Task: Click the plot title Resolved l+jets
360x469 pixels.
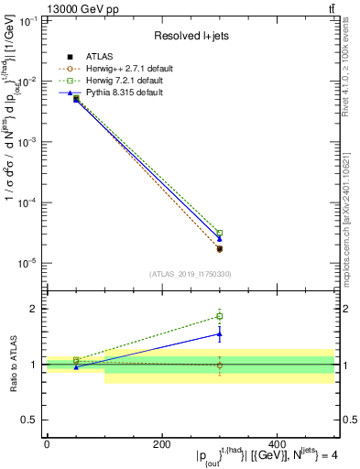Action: pos(191,36)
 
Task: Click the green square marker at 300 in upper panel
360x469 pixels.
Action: pos(219,233)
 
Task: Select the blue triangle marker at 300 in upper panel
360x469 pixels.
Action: pos(219,238)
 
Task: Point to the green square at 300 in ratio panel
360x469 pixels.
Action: pos(219,316)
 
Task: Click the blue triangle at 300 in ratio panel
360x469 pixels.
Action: pos(219,333)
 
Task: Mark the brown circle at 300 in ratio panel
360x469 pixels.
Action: pos(219,365)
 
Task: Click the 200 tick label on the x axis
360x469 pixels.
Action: pos(161,444)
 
